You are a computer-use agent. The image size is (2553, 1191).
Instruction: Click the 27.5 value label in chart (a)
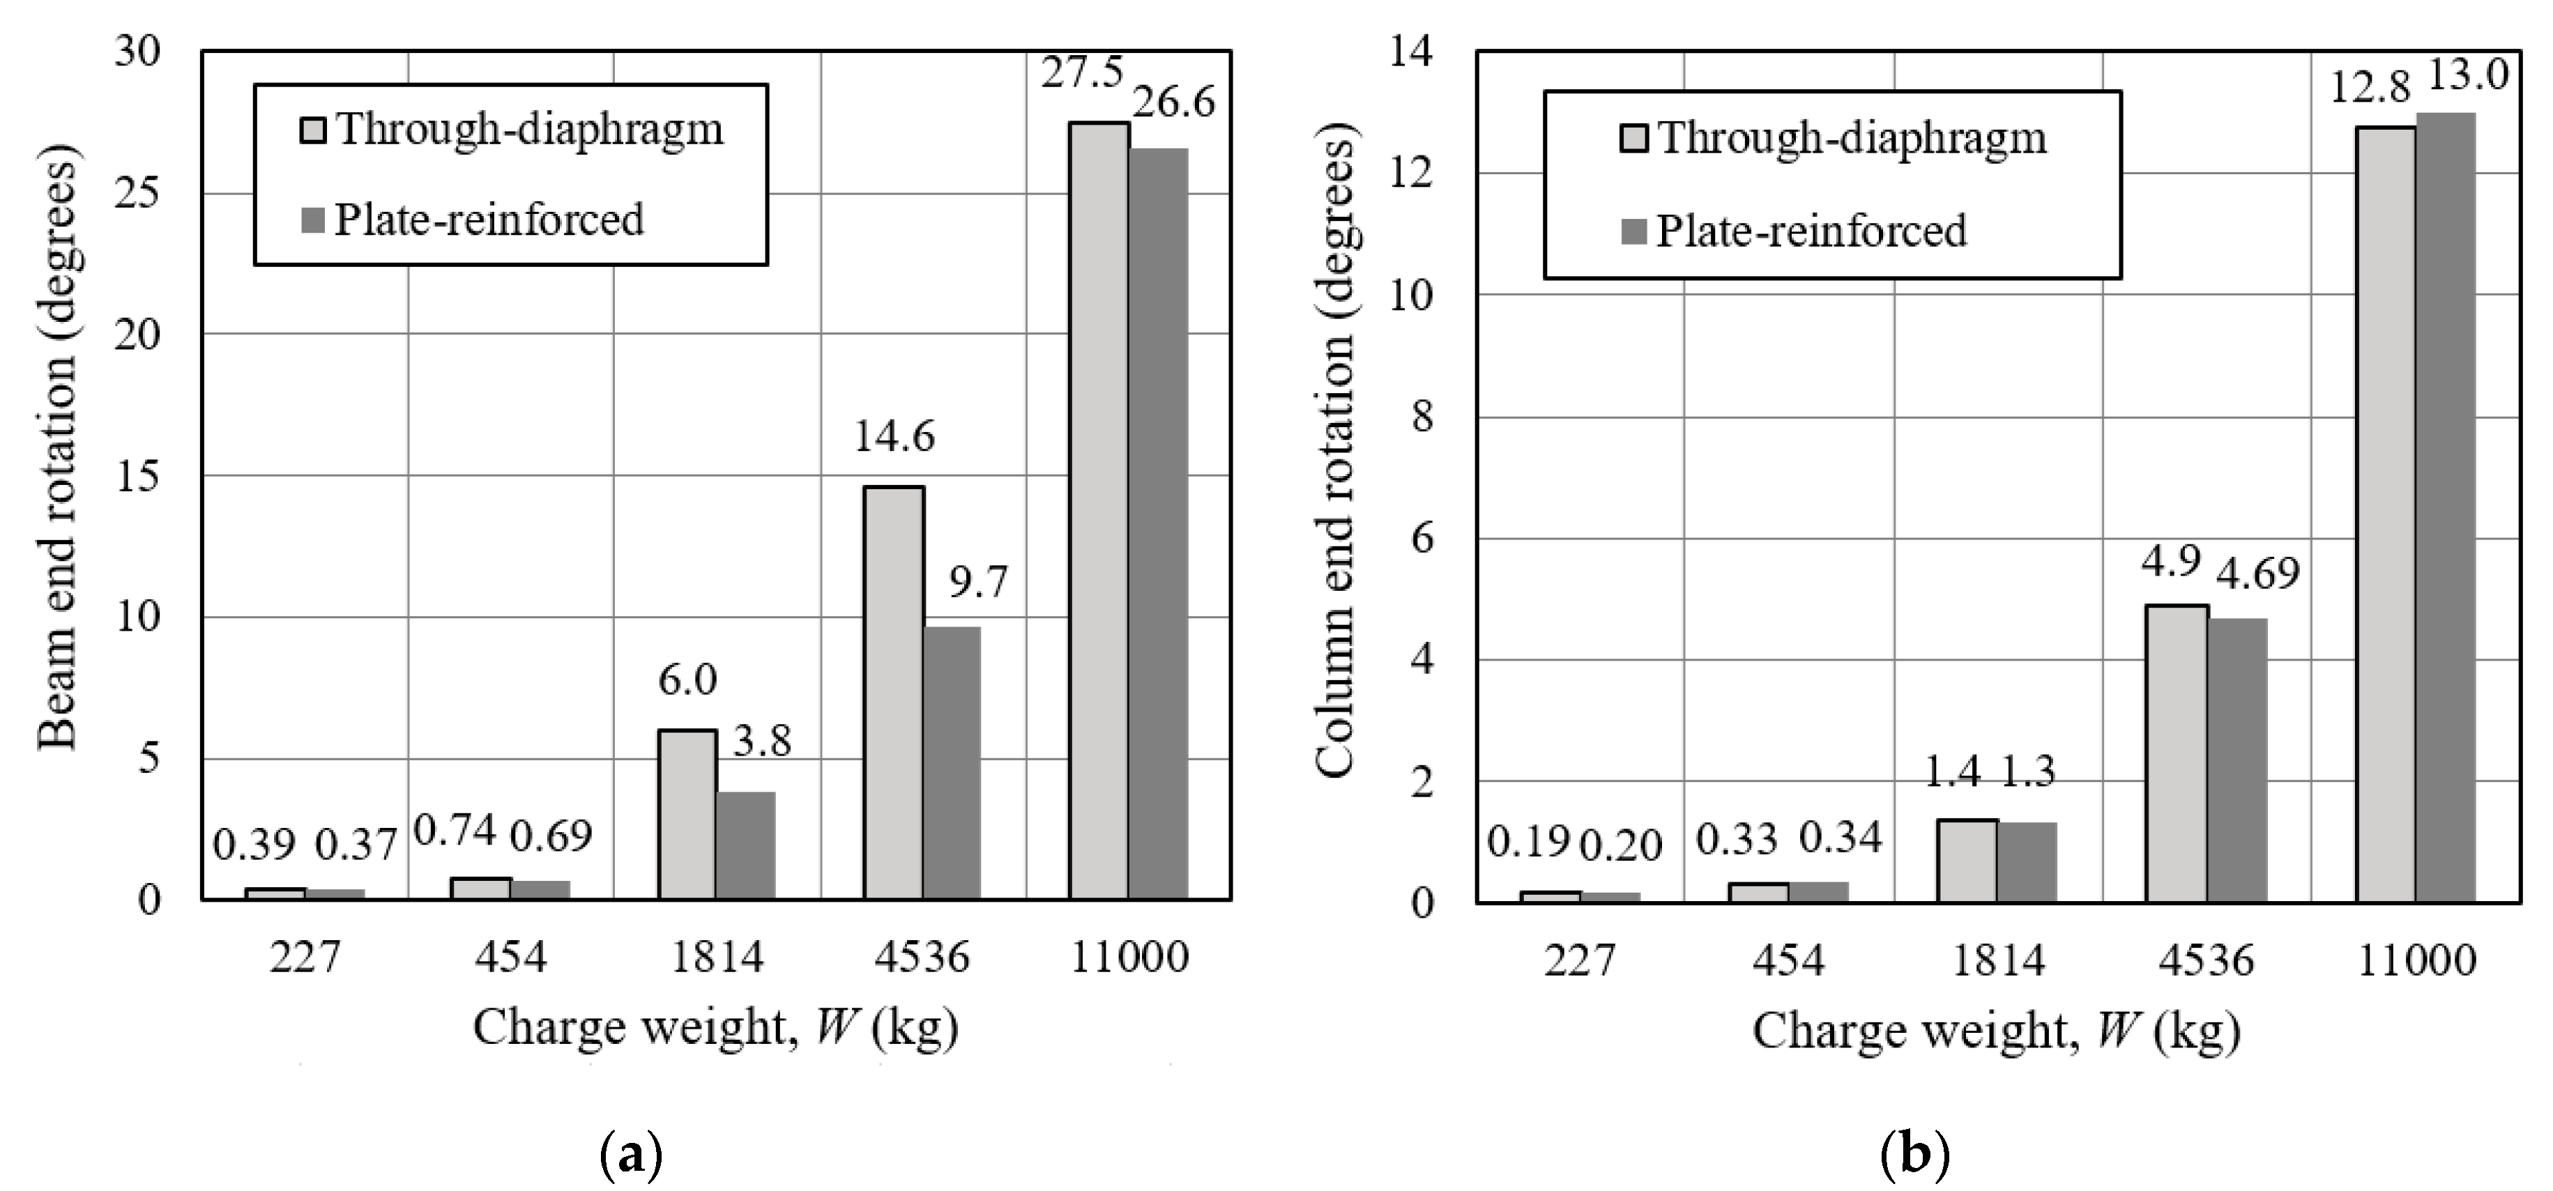coord(1081,73)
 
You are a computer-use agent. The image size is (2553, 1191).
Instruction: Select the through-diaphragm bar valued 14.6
coord(894,693)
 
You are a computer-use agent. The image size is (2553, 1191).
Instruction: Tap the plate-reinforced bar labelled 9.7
coord(952,763)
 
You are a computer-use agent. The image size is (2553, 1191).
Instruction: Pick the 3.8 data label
coord(761,742)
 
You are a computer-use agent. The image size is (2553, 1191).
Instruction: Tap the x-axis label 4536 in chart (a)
coord(922,957)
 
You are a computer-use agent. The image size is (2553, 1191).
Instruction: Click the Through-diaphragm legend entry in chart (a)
coord(512,130)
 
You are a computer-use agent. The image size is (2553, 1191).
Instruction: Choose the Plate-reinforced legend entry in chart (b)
coord(1794,231)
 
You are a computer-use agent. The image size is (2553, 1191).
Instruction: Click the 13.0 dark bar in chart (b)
coord(2445,507)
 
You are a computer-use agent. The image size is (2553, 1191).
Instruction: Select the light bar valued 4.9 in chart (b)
coord(2177,753)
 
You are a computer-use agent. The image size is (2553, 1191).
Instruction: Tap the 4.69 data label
coord(2257,573)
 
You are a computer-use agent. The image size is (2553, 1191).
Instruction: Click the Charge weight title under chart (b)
coord(1996,1031)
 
